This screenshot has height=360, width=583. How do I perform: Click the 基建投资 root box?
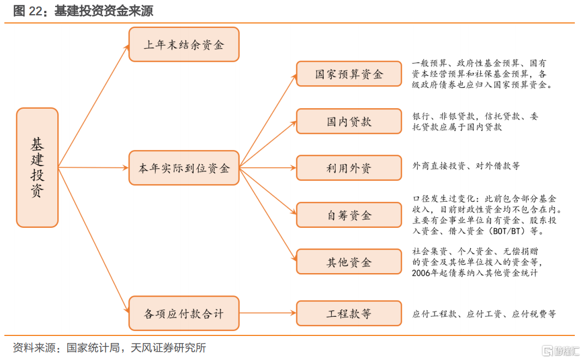[x=37, y=167]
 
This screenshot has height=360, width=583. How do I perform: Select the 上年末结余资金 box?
[x=184, y=44]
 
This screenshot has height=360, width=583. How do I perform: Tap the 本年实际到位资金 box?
[x=184, y=168]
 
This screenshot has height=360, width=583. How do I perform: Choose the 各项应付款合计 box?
[x=184, y=313]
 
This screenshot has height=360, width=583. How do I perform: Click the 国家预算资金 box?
[x=349, y=74]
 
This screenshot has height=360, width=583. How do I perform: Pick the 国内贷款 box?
[x=349, y=121]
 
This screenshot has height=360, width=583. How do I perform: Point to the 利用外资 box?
[x=349, y=168]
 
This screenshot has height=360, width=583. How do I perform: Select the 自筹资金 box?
[x=349, y=215]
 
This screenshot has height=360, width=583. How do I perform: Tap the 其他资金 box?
[x=349, y=262]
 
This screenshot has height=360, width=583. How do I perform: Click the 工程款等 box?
[x=349, y=313]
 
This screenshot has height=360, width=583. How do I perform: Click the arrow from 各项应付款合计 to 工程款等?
[x=267, y=313]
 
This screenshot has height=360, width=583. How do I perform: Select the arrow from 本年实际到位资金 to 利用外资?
[x=267, y=168]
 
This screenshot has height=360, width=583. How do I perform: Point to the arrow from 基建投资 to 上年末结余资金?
[x=94, y=106]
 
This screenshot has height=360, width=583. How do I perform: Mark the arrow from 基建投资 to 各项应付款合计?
[x=94, y=240]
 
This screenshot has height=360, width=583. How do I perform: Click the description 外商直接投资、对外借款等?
[x=466, y=166]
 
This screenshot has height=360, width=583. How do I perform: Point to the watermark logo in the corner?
[x=561, y=350]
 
